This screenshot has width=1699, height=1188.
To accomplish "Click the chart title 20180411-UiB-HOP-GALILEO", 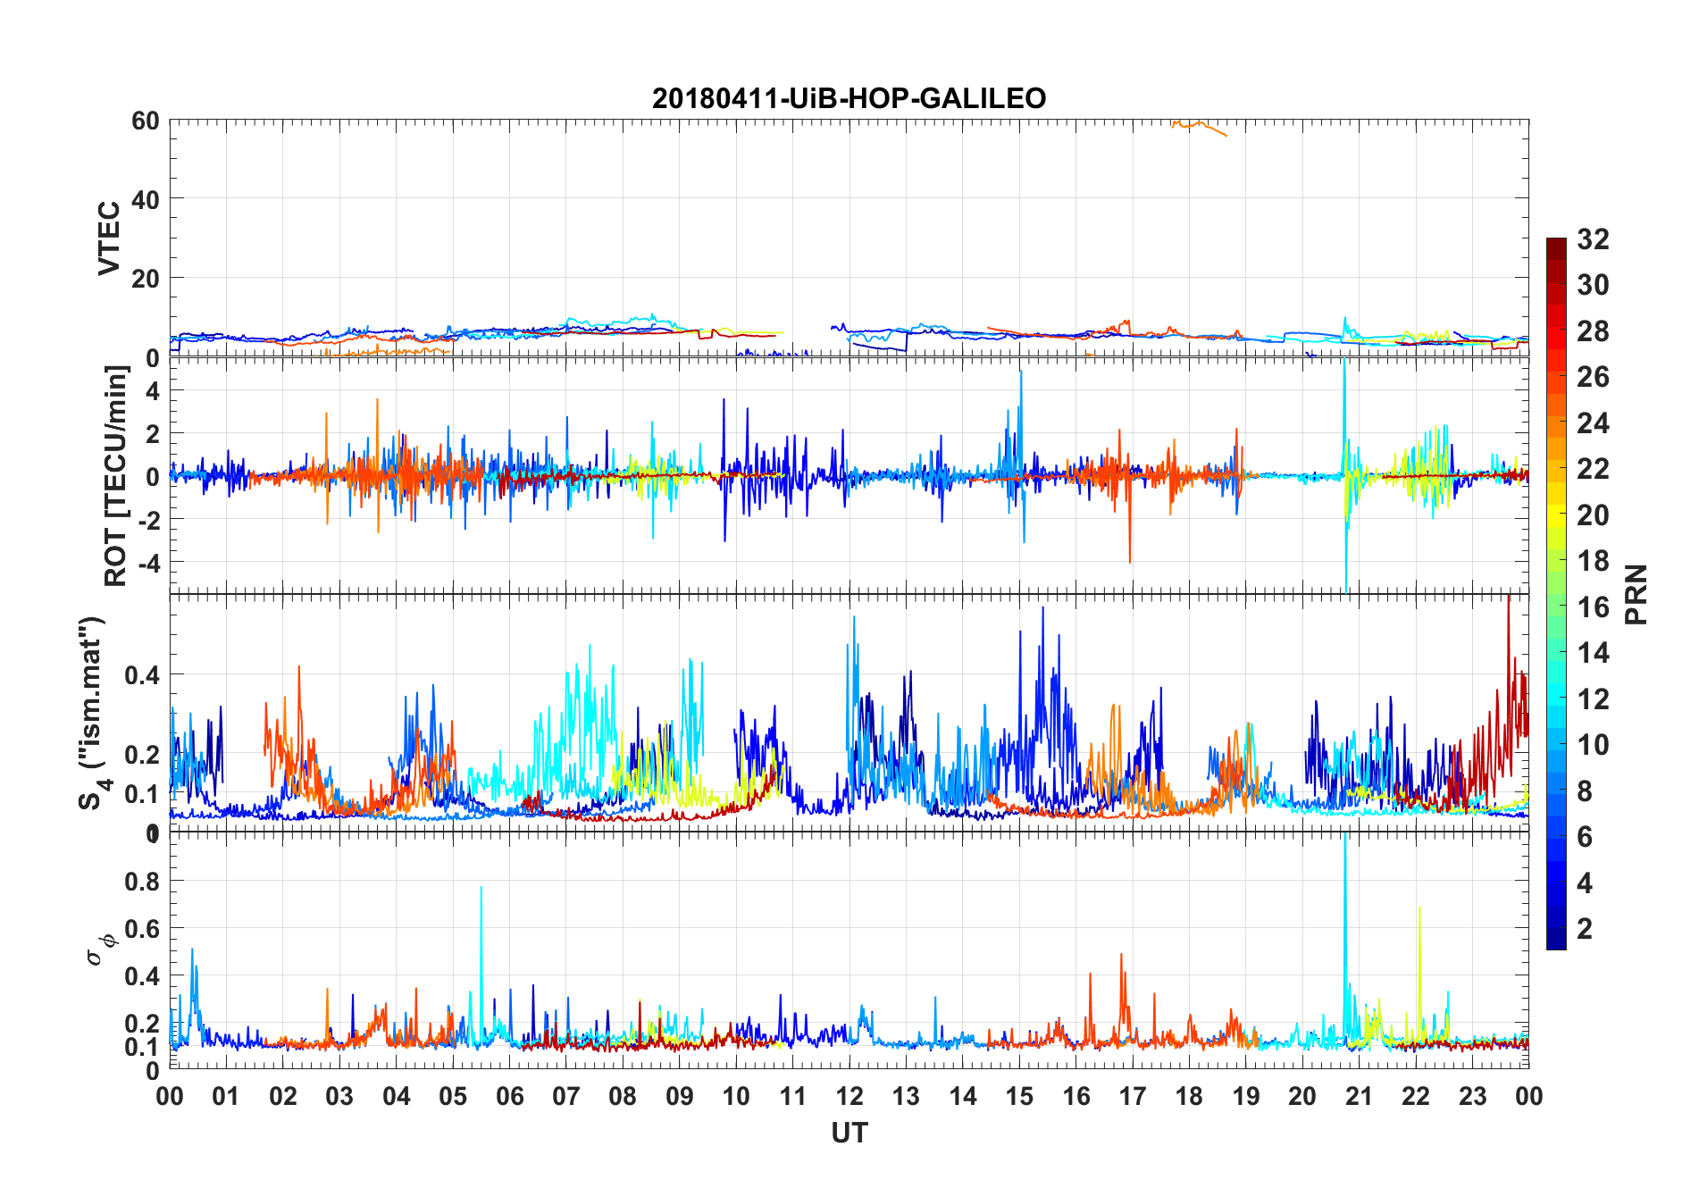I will tap(849, 98).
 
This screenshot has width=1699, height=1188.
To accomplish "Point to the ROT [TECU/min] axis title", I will tap(116, 475).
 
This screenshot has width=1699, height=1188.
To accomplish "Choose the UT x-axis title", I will tap(849, 1134).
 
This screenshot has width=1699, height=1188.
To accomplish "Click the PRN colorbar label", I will tap(1636, 594).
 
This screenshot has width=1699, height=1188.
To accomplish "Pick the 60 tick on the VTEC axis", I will tap(146, 121).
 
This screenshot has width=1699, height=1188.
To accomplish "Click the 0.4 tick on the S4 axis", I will tap(142, 675).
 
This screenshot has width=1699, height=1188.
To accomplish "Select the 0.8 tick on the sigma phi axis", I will tap(142, 882).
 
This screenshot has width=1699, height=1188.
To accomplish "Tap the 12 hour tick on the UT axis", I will tap(849, 1097).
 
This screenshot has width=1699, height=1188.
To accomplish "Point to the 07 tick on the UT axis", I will tap(566, 1097).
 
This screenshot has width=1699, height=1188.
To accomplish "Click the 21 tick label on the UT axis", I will tap(1359, 1097).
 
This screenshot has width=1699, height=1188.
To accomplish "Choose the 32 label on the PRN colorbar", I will tap(1593, 239).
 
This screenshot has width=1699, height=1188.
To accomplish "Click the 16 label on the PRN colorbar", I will tap(1593, 607).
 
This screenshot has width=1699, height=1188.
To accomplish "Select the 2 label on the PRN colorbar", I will tap(1585, 929).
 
